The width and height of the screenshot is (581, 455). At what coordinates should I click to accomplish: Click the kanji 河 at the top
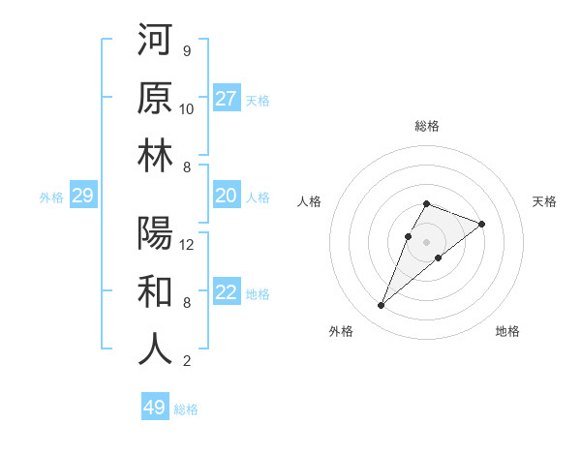coord(155,41)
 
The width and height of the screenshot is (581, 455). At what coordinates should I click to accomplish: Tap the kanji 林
coord(155,157)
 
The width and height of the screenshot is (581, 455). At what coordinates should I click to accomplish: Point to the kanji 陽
coord(155,234)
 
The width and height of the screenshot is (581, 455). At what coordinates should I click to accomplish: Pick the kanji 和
coord(155,292)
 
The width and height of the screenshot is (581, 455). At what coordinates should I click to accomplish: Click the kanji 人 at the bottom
coord(155,350)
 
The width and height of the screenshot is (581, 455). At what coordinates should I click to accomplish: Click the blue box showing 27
coord(227,99)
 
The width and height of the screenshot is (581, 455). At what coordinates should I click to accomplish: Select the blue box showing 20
coord(227,197)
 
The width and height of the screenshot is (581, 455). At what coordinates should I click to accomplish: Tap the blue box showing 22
coord(227,293)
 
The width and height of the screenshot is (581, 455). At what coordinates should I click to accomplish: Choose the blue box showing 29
coord(82,197)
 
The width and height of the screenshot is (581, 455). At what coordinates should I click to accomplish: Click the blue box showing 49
coord(155,408)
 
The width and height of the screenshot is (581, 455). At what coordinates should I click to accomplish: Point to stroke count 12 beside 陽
coord(187,245)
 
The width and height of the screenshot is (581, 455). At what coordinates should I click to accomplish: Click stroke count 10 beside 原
coord(187,108)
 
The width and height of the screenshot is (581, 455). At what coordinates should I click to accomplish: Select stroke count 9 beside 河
coord(186,50)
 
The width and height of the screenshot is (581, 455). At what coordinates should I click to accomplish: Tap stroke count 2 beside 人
coord(186,361)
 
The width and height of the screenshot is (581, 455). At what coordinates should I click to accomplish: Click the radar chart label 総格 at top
coord(427,126)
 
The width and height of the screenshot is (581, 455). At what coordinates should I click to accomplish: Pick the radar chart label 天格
coord(545,201)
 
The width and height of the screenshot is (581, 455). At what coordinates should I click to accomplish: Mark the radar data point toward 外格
coord(381,306)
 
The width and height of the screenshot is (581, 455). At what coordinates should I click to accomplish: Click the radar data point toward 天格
coord(481,224)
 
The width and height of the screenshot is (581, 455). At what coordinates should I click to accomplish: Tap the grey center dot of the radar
coord(426,241)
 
